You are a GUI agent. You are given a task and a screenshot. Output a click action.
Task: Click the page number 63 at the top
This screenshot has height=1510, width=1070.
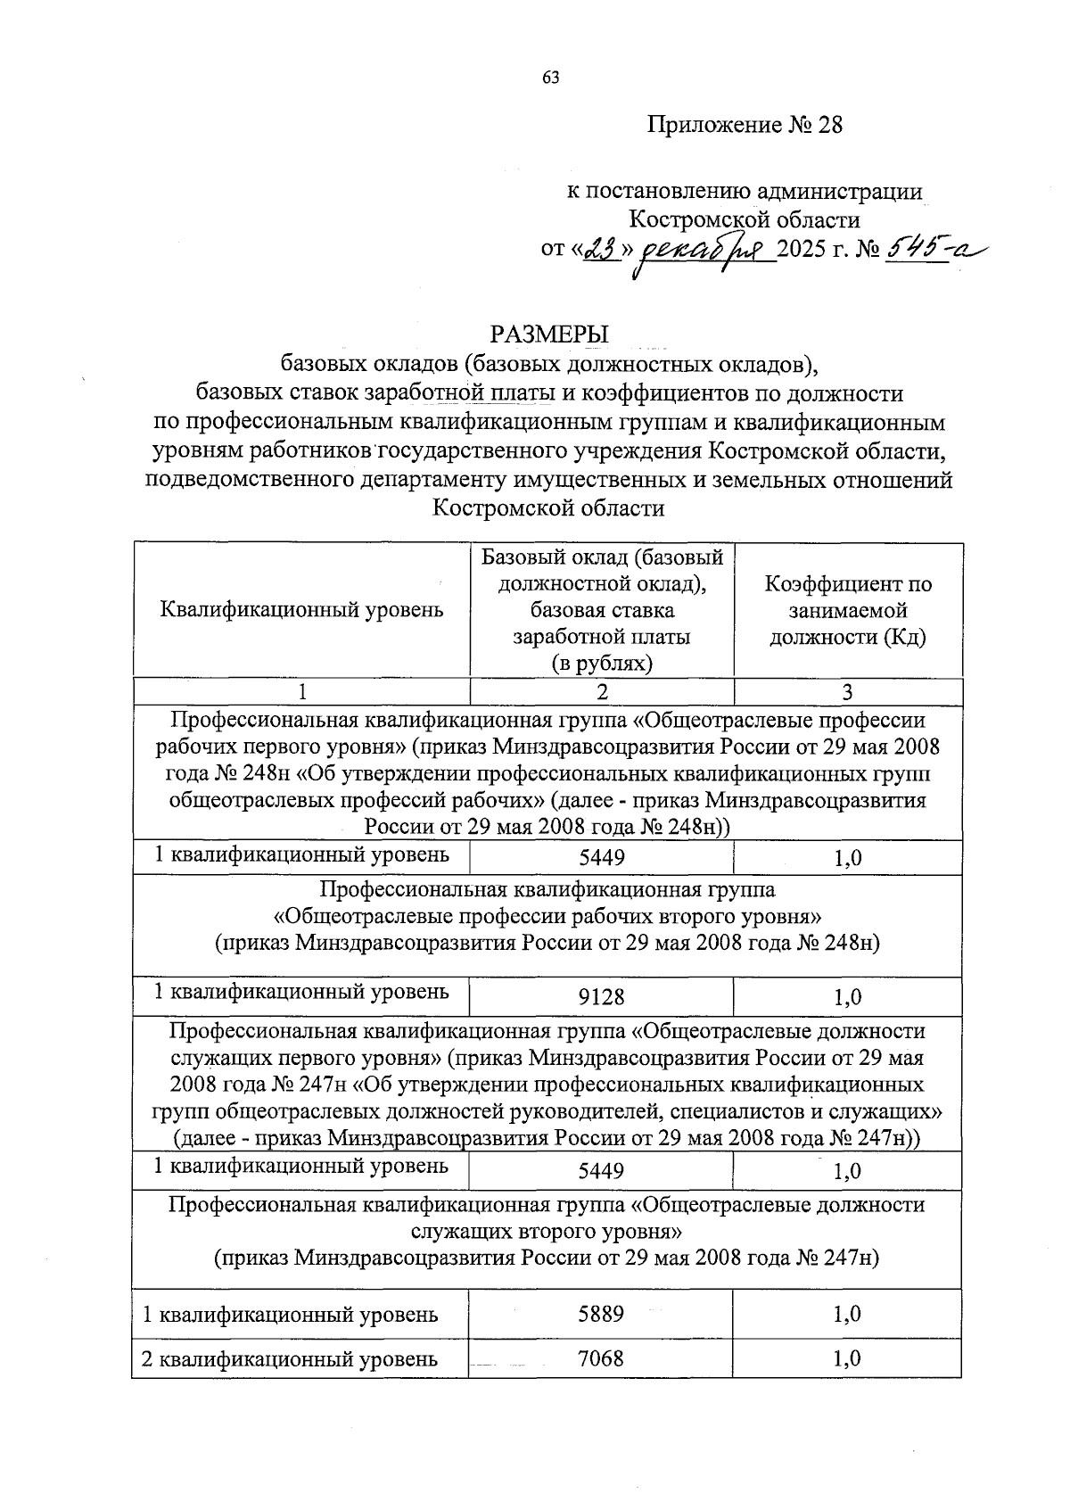[x=550, y=78]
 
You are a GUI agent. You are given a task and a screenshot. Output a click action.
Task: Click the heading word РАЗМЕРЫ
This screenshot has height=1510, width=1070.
[x=548, y=334]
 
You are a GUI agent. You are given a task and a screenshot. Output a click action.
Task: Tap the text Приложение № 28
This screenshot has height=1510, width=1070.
[x=745, y=125]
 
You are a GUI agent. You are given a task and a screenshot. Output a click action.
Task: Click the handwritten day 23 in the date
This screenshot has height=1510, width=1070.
[x=603, y=252]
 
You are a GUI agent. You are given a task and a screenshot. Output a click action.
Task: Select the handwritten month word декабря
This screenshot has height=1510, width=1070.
[x=704, y=254]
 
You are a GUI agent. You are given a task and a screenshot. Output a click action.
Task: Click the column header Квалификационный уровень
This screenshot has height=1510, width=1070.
[x=301, y=611]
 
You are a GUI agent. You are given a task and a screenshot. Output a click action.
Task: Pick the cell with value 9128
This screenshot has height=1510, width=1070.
[x=602, y=997]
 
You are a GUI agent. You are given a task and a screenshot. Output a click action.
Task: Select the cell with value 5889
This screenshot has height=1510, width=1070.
[x=601, y=1314]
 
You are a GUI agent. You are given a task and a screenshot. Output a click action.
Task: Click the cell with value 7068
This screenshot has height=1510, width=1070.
[x=601, y=1358]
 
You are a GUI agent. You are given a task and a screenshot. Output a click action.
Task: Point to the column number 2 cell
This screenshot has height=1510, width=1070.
[x=602, y=692]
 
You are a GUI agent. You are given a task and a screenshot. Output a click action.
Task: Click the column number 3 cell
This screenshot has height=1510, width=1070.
[x=847, y=692]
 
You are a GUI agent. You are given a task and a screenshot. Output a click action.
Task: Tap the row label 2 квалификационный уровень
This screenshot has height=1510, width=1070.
[x=291, y=1359]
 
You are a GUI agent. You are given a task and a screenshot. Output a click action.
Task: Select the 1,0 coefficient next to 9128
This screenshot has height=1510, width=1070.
[x=847, y=997]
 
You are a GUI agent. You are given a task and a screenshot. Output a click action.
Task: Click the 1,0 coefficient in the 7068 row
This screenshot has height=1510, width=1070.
[x=847, y=1358]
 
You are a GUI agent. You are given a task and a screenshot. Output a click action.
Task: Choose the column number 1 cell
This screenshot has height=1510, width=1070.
[x=301, y=692]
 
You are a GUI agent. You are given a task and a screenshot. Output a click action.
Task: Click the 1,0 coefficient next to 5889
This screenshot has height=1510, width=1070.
[x=847, y=1314]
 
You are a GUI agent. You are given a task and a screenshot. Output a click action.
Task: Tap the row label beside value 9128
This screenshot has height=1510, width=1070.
[x=301, y=991]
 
